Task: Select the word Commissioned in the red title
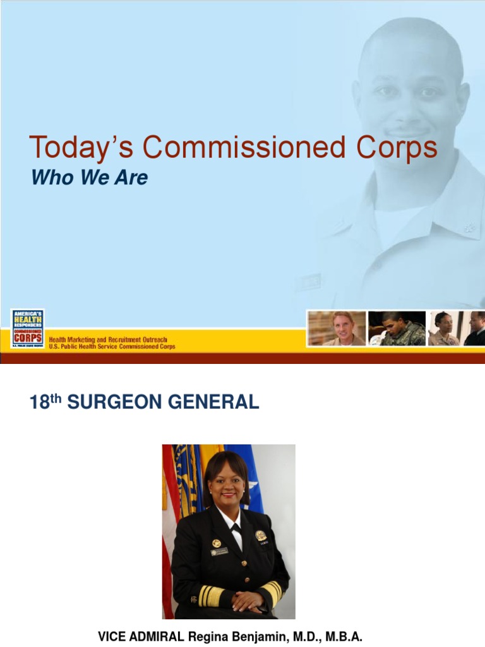click(x=241, y=148)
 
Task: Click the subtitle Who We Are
click(x=89, y=178)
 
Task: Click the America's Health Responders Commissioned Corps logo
click(x=28, y=328)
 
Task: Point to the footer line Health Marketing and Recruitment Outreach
click(x=108, y=340)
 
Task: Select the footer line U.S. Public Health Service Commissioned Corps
click(x=112, y=347)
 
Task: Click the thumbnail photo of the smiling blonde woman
click(x=337, y=328)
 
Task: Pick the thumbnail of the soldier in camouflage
click(x=397, y=328)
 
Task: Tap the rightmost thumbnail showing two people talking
click(x=457, y=328)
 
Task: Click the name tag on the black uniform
click(x=219, y=552)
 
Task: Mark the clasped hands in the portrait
click(x=248, y=601)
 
